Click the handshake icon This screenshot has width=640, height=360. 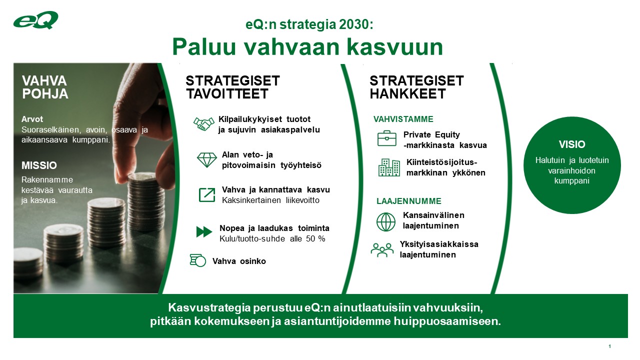click(203, 124)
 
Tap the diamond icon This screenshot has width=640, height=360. click(206, 159)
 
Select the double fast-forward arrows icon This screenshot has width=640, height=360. click(204, 232)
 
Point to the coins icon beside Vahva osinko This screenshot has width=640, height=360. click(198, 260)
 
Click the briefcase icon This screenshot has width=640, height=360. click(386, 138)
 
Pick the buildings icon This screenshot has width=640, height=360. click(389, 167)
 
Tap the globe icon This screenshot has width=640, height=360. click(385, 221)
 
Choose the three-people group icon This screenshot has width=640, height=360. click(382, 249)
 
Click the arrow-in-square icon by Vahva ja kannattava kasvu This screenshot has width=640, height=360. click(206, 194)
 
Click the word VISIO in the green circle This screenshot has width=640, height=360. click(572, 144)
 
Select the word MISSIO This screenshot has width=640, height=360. click(39, 165)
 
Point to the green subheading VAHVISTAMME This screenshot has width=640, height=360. click(403, 119)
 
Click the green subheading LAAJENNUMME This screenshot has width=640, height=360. click(408, 201)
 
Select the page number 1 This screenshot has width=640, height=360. click(609, 346)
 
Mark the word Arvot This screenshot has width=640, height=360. click(32, 119)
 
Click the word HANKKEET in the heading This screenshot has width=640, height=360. click(407, 94)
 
